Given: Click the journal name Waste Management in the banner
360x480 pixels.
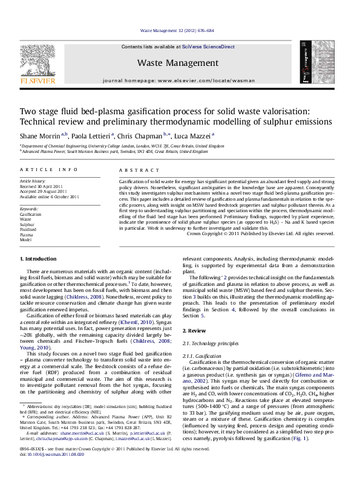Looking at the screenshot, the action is click(178, 63).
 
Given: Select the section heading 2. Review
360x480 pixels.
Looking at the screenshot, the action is click(195, 331).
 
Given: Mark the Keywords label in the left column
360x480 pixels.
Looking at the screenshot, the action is click(29, 207).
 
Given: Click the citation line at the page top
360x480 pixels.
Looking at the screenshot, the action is click(180, 29).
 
